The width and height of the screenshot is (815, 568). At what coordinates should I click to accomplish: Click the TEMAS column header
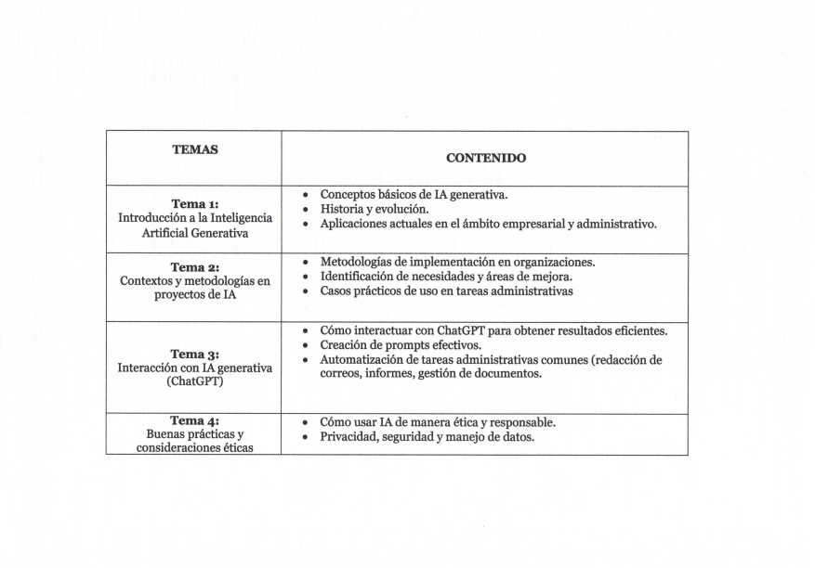194,149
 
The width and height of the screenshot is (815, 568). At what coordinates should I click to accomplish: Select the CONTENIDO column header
485,158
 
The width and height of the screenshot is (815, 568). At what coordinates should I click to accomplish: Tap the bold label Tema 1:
194,203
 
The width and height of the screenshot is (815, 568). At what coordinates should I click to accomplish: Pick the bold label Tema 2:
194,267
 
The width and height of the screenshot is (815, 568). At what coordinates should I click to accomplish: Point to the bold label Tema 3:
194,354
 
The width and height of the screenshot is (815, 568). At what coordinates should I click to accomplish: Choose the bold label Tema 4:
194,420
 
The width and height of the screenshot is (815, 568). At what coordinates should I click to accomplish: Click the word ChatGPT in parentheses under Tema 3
195,381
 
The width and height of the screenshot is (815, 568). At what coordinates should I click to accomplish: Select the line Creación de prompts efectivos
400,345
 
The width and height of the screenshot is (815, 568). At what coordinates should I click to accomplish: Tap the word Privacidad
348,437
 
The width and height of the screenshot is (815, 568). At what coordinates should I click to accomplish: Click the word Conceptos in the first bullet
348,195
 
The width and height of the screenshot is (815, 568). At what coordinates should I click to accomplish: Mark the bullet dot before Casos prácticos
306,291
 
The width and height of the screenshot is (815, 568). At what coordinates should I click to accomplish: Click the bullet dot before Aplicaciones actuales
306,225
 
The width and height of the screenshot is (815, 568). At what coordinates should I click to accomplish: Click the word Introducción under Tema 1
151,218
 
